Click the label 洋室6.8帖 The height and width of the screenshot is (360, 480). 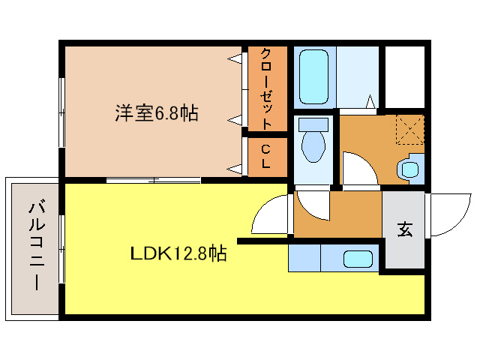[x=156, y=113]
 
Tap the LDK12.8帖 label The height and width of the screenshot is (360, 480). [x=178, y=253]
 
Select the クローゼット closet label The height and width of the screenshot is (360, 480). [x=266, y=88]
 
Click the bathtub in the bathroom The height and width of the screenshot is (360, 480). [x=314, y=76]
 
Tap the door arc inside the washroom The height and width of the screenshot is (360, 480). [x=358, y=168]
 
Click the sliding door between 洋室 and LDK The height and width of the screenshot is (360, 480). [x=153, y=180]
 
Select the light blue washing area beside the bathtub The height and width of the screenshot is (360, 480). [x=356, y=75]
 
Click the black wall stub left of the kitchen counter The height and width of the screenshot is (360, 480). [x=262, y=241]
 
